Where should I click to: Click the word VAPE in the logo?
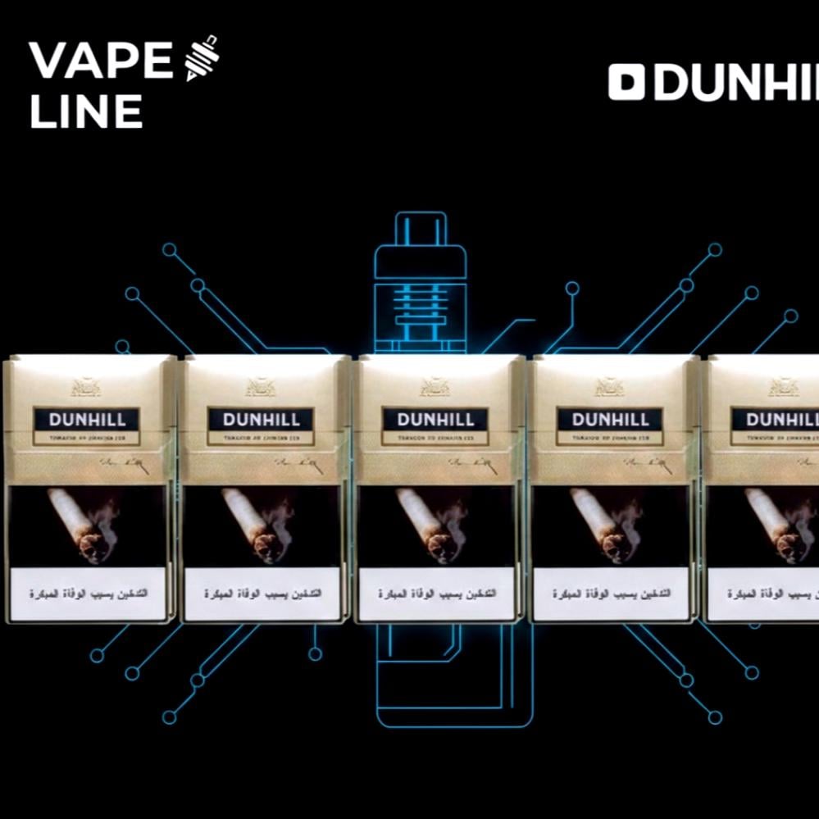point(100,61)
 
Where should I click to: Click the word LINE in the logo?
point(86,111)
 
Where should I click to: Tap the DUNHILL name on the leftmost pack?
point(88,420)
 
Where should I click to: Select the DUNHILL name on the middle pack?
point(436,420)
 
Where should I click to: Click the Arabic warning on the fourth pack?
point(612,593)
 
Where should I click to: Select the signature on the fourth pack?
point(644,464)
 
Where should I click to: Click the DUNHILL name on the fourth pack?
point(611,420)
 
